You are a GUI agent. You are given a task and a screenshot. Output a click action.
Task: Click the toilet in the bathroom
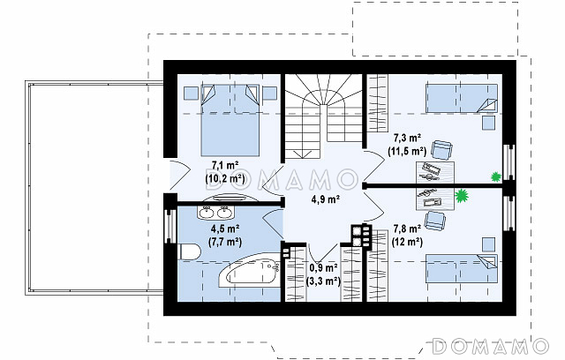(189, 251)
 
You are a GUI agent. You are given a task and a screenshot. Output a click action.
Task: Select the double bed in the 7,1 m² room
(230, 121)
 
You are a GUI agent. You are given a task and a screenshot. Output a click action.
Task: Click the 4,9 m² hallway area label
(326, 199)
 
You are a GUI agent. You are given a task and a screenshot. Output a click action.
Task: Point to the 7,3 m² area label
(408, 138)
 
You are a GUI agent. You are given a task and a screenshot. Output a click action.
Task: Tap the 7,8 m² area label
(407, 229)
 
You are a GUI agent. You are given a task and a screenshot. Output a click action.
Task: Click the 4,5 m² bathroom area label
(225, 229)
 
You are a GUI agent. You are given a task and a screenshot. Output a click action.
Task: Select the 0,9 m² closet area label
(323, 268)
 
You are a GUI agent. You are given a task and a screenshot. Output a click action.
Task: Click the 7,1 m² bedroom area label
(225, 166)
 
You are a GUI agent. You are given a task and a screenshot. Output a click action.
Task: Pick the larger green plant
(461, 196)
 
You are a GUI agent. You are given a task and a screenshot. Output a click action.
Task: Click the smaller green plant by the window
(496, 176)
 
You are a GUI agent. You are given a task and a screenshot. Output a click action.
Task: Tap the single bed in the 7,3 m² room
(462, 98)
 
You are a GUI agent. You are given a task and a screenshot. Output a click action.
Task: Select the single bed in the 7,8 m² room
(462, 268)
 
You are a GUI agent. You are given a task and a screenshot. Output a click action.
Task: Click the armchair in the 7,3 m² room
(441, 149)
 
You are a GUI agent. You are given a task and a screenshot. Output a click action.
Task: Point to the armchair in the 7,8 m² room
(435, 221)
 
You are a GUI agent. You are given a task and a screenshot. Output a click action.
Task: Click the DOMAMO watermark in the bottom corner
(491, 346)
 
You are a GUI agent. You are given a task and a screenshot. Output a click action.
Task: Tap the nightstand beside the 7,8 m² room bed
(489, 244)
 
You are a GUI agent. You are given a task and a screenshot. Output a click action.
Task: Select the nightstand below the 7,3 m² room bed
(489, 123)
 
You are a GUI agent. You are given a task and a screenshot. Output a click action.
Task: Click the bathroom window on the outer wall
(170, 226)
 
